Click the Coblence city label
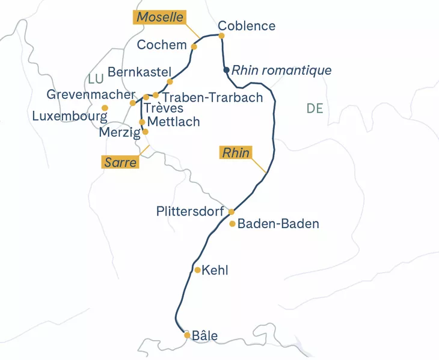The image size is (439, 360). [x=247, y=26]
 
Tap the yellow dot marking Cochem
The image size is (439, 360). [x=194, y=46]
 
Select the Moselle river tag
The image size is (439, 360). [x=159, y=17]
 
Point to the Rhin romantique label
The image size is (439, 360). [x=281, y=70]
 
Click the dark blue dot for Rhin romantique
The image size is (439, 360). [x=226, y=70]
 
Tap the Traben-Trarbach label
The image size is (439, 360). [x=212, y=98]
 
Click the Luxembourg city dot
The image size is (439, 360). [x=105, y=108]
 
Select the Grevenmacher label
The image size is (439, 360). [x=91, y=95]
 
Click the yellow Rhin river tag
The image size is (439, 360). [x=236, y=153]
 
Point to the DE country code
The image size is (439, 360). [x=315, y=108]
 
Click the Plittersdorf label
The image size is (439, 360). [x=189, y=211]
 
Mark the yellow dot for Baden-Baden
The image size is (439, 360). [x=233, y=224]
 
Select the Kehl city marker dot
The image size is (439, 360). [x=197, y=270]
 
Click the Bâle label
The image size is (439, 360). [x=204, y=336]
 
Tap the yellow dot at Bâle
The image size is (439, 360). [x=187, y=335]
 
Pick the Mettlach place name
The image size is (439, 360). [x=173, y=122]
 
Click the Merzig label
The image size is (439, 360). [x=119, y=132]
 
